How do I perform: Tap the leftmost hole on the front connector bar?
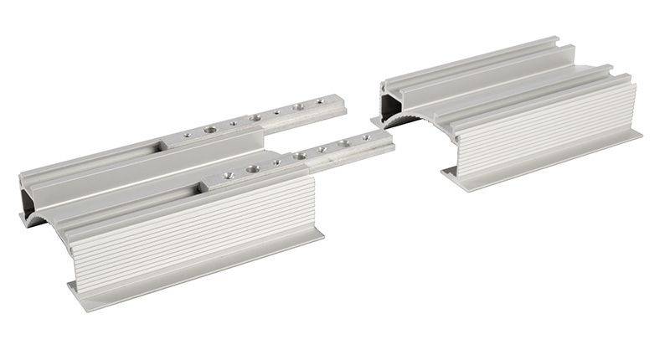click(225, 175)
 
